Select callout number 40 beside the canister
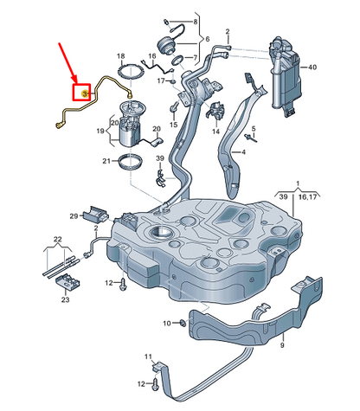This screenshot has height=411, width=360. coord(337,67)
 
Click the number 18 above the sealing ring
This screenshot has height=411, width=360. coord(120,56)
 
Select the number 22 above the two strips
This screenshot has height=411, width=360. coord(57,239)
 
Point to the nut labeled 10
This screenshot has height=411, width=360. coord(184,324)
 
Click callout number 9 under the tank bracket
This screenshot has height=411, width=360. coord(281,345)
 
